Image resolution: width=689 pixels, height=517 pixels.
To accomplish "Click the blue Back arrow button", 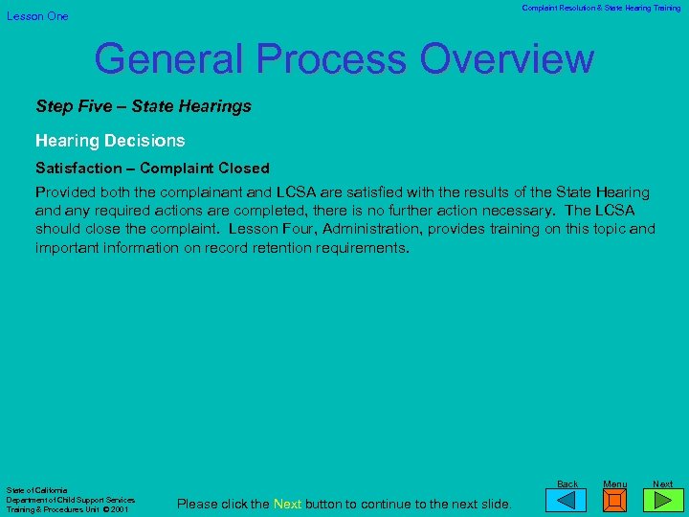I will click(572, 500).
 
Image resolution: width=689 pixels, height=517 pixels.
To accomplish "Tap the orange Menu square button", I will click(615, 500).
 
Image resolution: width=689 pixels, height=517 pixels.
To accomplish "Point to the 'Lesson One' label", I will click(38, 16).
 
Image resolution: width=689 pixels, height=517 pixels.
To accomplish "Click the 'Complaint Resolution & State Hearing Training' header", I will click(601, 9).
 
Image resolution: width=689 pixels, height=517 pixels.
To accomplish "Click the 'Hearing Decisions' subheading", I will click(110, 141).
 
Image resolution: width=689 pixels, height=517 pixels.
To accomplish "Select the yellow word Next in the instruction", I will click(288, 505).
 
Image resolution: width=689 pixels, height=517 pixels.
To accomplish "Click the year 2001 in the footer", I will click(119, 509).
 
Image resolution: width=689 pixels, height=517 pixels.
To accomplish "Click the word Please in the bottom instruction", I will click(197, 505).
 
